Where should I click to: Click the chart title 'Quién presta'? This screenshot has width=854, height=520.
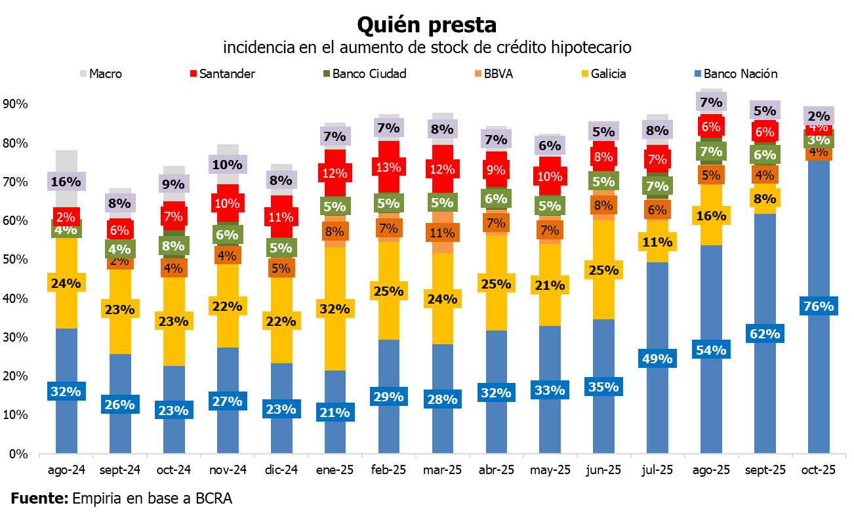coord(426,25)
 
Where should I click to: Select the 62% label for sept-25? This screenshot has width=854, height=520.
coord(765,334)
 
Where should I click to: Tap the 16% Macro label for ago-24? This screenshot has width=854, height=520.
coord(66,181)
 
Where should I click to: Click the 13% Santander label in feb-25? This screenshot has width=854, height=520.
coord(389,167)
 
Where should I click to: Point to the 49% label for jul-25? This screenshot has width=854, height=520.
coord(658,359)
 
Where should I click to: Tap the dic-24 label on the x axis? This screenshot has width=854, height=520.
coord(281,470)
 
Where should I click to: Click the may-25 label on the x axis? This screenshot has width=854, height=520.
coord(550,470)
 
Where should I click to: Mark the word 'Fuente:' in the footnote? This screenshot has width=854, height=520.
coord(39,498)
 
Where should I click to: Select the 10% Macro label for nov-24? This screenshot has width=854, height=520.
coord(228,165)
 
